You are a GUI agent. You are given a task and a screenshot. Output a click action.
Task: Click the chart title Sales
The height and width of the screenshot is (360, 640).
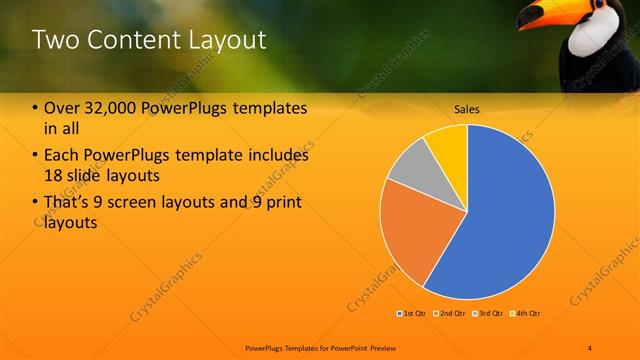[x=467, y=107]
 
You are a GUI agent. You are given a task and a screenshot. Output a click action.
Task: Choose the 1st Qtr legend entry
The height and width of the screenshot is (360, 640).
[x=413, y=314]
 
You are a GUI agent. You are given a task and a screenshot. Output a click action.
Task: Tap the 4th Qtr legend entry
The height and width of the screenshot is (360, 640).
[x=527, y=314]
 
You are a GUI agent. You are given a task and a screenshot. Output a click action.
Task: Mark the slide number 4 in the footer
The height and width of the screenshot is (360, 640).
[x=590, y=346]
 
